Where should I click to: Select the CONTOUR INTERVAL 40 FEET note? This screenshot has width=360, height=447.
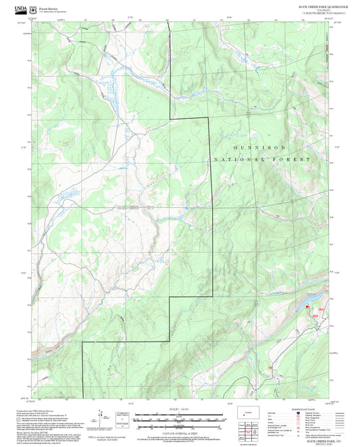coord(180,433)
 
